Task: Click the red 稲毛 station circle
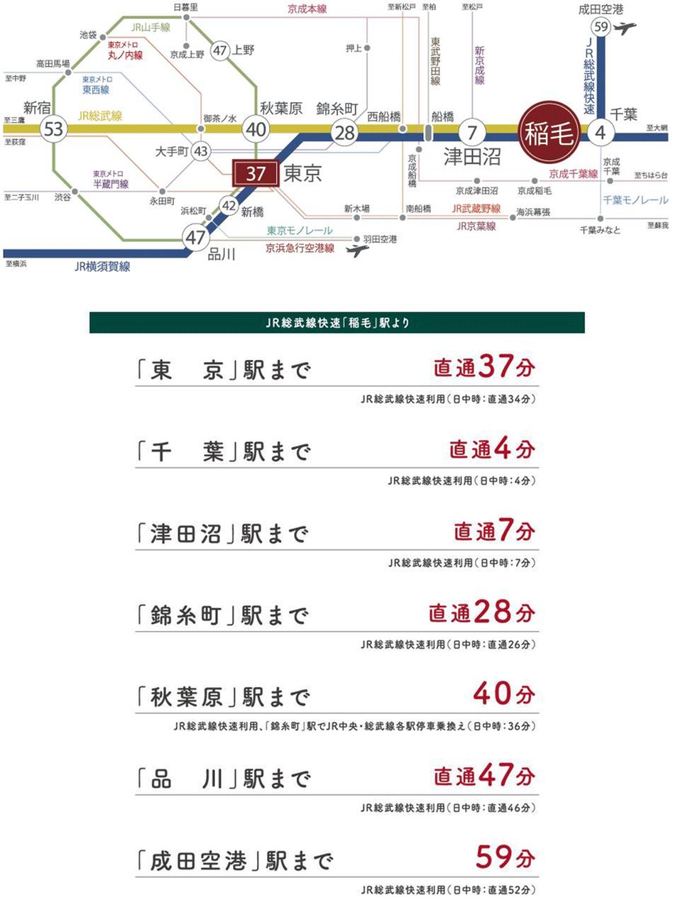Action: [549, 132]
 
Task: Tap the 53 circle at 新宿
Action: [53, 130]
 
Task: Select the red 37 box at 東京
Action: [256, 173]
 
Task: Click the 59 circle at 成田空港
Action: [601, 28]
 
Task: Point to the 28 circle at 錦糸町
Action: [345, 133]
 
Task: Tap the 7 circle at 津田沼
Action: [472, 132]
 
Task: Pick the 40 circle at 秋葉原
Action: [256, 130]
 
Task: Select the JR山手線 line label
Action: [151, 28]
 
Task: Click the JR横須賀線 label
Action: [102, 267]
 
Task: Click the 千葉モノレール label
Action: [635, 200]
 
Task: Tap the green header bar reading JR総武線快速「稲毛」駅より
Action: [337, 323]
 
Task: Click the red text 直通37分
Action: [484, 368]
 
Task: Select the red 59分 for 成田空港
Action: [505, 857]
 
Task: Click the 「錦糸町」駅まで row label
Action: [223, 615]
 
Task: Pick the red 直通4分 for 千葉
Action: [491, 449]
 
